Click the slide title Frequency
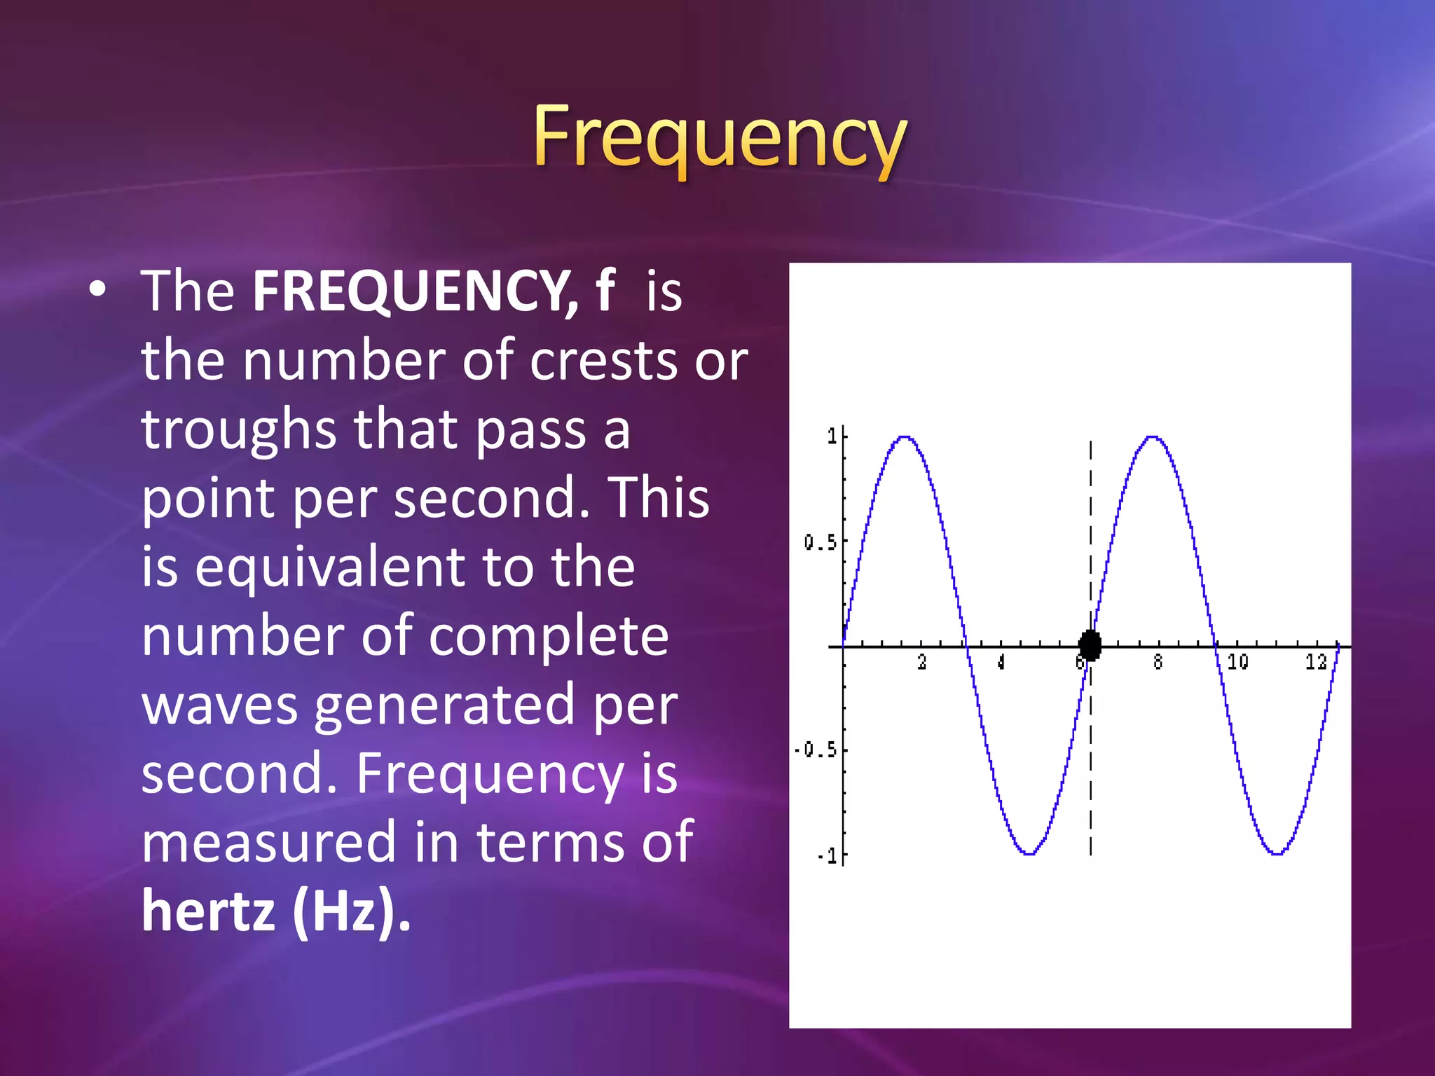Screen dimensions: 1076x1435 click(x=720, y=137)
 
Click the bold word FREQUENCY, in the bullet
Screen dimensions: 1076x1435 click(x=415, y=291)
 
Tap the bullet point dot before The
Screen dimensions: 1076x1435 click(x=99, y=289)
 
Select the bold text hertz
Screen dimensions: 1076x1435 click(x=208, y=911)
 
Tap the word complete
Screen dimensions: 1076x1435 click(x=549, y=636)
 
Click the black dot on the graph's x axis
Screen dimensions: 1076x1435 click(x=1090, y=645)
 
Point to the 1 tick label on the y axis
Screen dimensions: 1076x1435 click(x=832, y=436)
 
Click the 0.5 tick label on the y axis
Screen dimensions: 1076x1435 click(x=820, y=542)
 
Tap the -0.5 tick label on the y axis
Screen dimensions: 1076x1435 click(x=816, y=750)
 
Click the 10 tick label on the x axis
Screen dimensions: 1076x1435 click(x=1237, y=662)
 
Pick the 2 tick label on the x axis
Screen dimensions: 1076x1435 click(x=922, y=662)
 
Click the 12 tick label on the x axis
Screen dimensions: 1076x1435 click(x=1316, y=662)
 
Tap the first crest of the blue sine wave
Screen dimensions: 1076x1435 click(x=905, y=438)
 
